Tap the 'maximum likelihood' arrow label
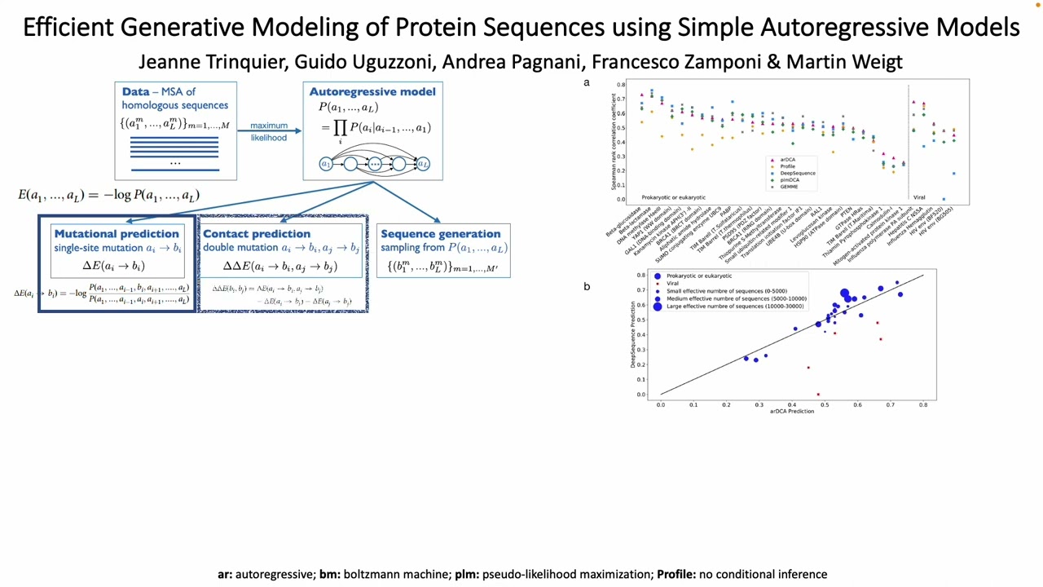[x=268, y=131]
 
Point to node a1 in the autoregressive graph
[x=326, y=164]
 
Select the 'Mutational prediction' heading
[x=117, y=234]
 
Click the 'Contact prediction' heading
[x=257, y=234]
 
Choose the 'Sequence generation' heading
[x=441, y=234]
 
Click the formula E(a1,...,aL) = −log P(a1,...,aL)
[x=108, y=195]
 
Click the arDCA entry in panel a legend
[x=786, y=160]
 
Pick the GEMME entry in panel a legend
[x=788, y=186]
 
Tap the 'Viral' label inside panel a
[x=919, y=197]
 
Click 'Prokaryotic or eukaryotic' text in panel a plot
[x=673, y=197]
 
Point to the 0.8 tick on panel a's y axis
[x=621, y=85]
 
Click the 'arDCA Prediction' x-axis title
[x=792, y=412]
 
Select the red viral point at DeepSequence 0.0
[x=818, y=395]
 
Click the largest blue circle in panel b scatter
[x=845, y=293]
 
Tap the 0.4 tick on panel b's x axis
[x=792, y=404]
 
